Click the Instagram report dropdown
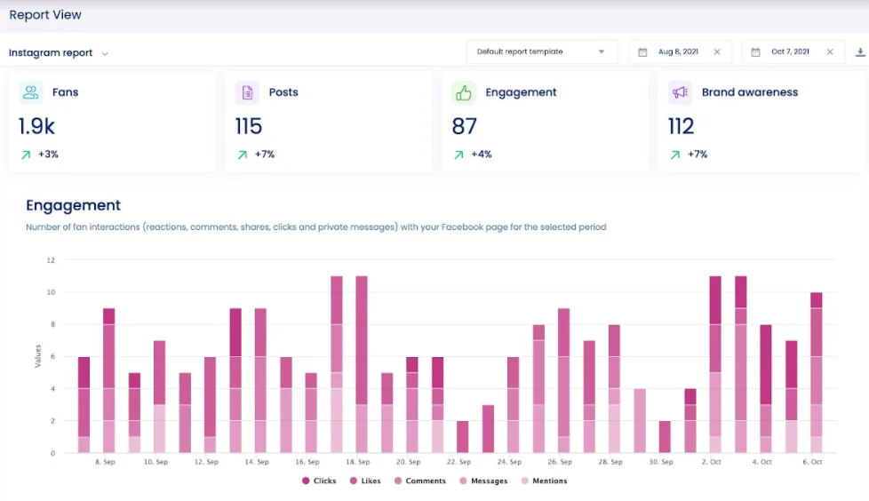coord(59,52)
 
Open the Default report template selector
coord(541,52)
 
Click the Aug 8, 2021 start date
coord(677,52)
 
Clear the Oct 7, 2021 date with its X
coord(830,52)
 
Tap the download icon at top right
coord(860,52)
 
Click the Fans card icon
coord(31,92)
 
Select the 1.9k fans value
coord(36,126)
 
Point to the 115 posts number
coord(249,126)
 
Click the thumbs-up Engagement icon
coord(463,92)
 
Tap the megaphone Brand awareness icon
coord(680,92)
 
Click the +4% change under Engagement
coord(482,155)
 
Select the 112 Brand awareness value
coord(681,126)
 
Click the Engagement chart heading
coord(73,205)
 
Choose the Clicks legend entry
coord(319,481)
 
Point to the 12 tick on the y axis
coord(51,260)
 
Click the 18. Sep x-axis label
coord(358,462)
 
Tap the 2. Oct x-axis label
coord(712,462)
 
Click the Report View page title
coord(44,15)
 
